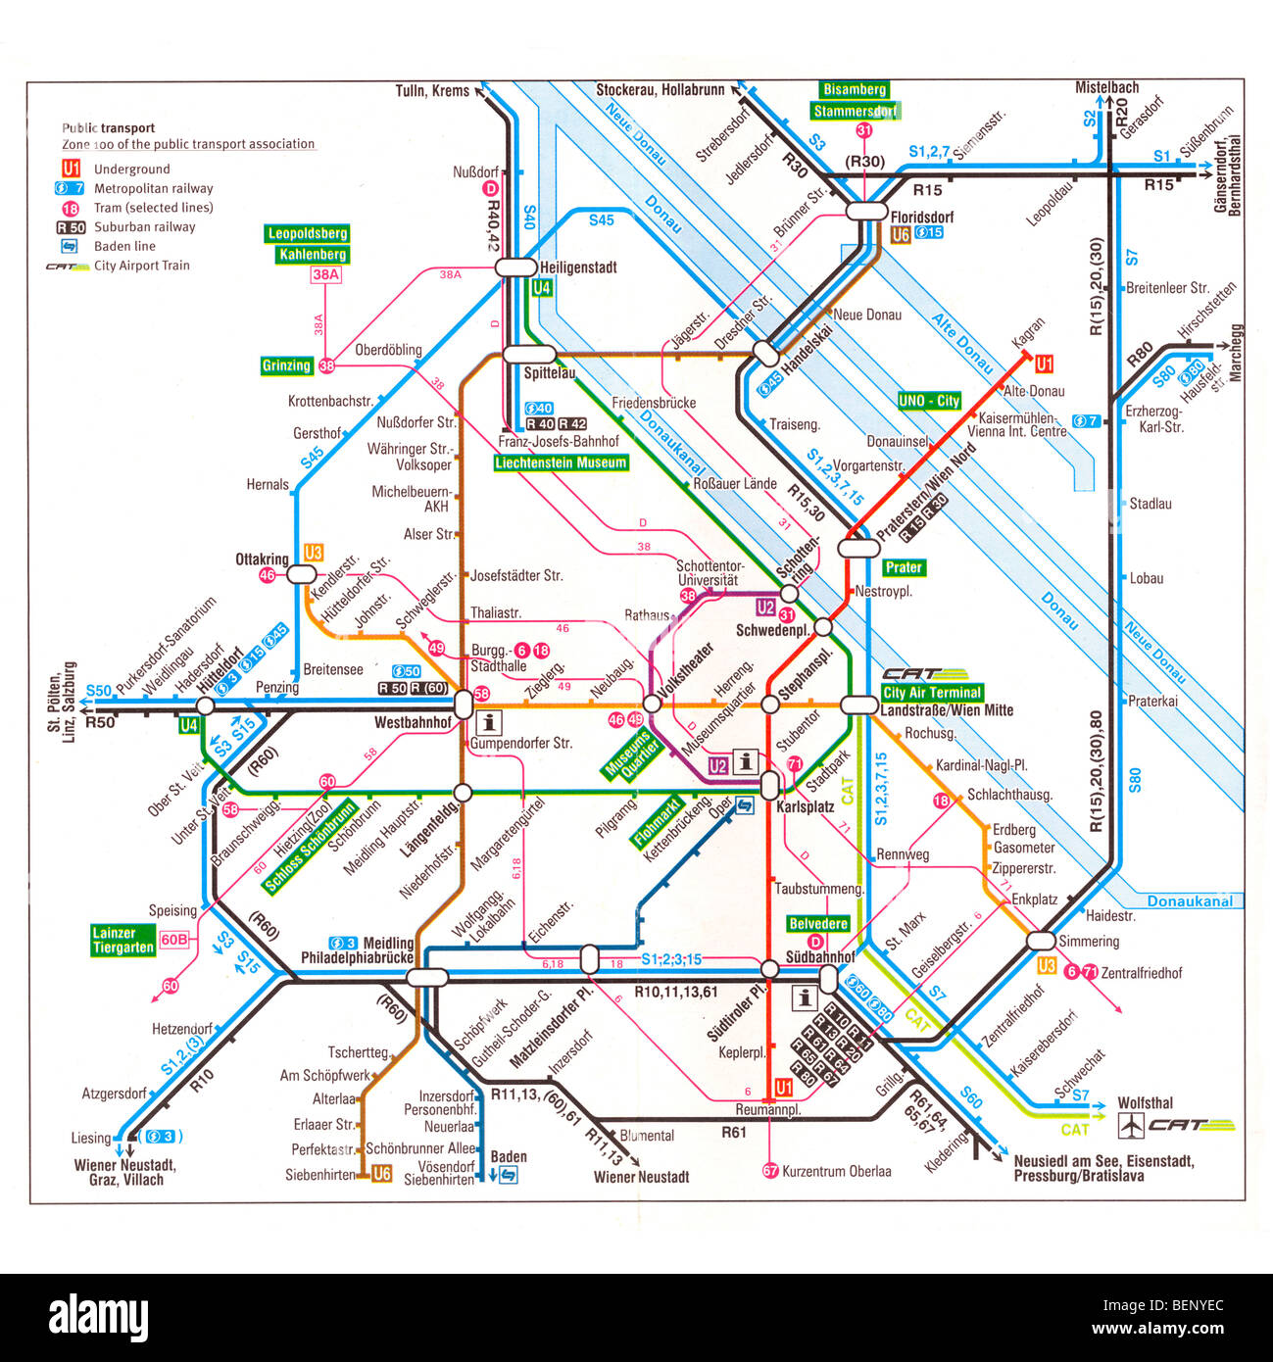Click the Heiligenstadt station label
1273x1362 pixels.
click(x=578, y=268)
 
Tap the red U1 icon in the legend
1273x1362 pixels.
click(x=71, y=169)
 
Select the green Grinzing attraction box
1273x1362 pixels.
click(x=286, y=365)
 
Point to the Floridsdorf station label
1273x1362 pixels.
click(x=921, y=217)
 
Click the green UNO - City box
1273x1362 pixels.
click(x=929, y=401)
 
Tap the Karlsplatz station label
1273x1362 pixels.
click(x=805, y=807)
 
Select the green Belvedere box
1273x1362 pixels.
click(x=818, y=923)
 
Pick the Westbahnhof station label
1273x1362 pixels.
click(x=413, y=723)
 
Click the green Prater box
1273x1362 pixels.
click(x=903, y=567)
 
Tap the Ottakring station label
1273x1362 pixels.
click(x=262, y=559)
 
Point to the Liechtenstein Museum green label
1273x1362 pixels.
click(x=561, y=462)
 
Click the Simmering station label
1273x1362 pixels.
click(x=1088, y=942)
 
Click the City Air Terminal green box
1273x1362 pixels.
click(x=931, y=693)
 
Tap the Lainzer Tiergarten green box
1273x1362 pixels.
click(x=122, y=941)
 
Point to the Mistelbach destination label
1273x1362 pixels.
click(x=1106, y=87)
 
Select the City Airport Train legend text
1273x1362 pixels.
click(x=141, y=266)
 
